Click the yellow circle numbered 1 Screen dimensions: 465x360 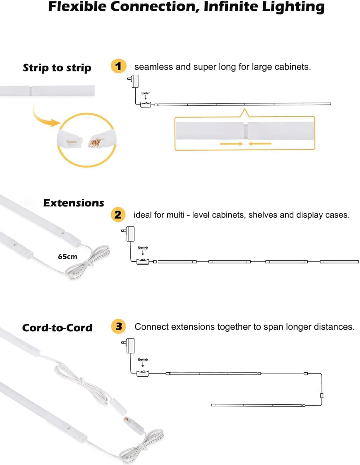coord(118,66)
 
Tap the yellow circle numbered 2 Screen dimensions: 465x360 coord(118,215)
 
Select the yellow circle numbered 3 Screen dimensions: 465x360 coord(119,326)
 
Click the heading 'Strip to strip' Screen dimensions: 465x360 coord(57,68)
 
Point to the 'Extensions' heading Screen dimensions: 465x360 coord(74,203)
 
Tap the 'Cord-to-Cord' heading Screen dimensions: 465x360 coord(57,328)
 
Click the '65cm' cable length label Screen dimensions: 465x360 coord(67,256)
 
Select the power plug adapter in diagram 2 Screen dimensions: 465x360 coord(130,234)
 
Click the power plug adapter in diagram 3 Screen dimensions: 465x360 coord(130,345)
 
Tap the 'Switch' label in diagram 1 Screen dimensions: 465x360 coord(146,93)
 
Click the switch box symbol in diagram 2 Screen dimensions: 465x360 coord(143,262)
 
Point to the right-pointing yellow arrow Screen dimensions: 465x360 coord(231,144)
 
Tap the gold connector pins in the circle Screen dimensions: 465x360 coord(95,143)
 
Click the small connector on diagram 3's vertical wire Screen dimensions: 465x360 coord(322,396)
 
